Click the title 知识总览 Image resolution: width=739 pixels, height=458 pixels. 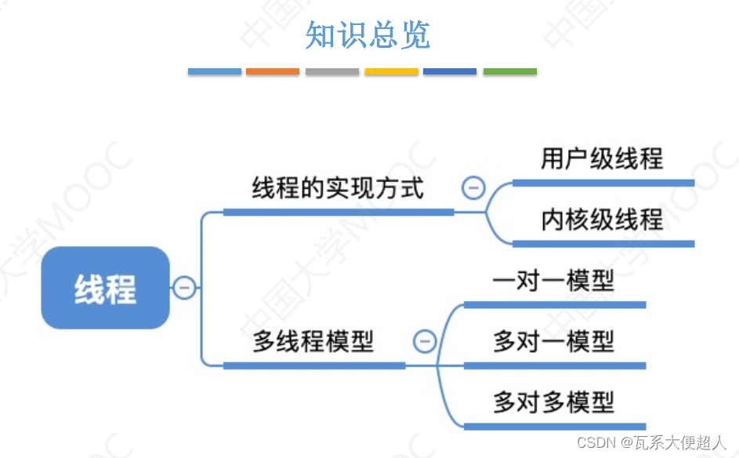point(368,35)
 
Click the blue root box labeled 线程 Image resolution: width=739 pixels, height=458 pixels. point(105,288)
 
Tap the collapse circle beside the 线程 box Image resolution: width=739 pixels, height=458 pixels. point(184,288)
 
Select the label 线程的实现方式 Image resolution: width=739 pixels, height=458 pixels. point(338,188)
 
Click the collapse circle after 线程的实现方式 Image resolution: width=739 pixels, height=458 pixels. point(473,188)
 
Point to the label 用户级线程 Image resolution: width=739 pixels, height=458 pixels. point(602,159)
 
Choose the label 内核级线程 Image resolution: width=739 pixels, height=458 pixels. point(602,220)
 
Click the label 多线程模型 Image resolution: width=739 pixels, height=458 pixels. point(313,342)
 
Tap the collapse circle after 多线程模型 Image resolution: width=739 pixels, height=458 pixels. point(424,342)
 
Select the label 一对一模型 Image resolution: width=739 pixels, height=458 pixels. point(553,281)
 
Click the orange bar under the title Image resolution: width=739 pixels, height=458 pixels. point(273,71)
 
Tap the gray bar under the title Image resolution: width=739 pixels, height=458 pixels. point(332,71)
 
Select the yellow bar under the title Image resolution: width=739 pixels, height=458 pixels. point(391,71)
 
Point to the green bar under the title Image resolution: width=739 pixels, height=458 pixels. point(509,71)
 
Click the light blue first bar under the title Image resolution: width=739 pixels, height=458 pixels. point(214,71)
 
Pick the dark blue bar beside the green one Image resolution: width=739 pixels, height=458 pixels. point(450,71)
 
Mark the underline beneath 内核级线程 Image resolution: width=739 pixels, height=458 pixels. point(603,244)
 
